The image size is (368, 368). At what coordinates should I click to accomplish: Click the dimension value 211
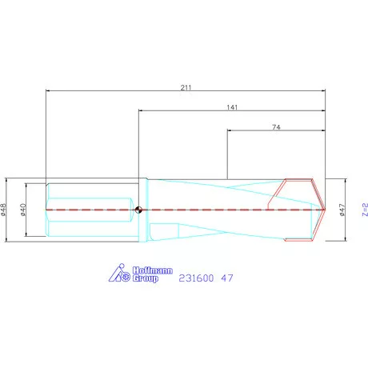[187, 86]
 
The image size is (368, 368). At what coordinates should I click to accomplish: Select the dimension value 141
[233, 106]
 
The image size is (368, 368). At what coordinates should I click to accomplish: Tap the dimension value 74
[276, 127]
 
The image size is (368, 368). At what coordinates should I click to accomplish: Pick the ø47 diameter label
[342, 210]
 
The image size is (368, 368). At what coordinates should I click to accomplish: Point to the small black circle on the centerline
[139, 210]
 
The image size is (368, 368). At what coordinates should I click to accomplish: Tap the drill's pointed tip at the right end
[326, 210]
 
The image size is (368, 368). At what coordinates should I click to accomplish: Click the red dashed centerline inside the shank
[88, 210]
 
